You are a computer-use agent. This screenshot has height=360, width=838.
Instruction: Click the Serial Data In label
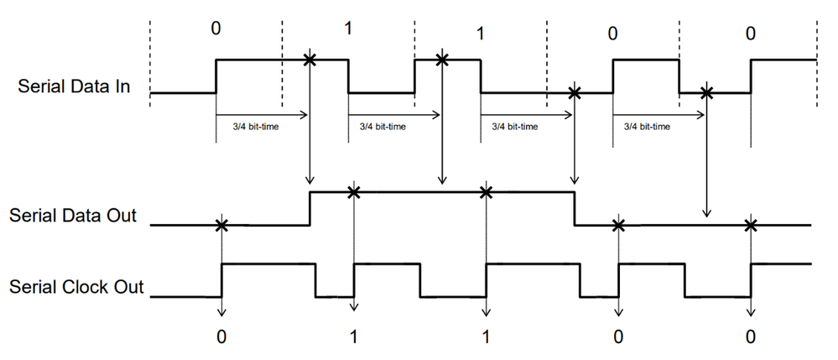[x=74, y=86]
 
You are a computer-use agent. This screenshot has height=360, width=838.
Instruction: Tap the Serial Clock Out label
[x=76, y=287]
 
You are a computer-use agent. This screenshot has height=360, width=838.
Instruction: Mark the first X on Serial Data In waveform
[x=310, y=60]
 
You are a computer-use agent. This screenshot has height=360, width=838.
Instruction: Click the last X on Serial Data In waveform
[x=707, y=92]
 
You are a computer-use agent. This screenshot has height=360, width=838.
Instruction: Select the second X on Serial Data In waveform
[x=442, y=60]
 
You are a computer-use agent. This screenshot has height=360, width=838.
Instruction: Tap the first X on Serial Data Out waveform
[x=221, y=225]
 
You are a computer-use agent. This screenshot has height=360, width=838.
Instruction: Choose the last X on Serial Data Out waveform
[x=751, y=225]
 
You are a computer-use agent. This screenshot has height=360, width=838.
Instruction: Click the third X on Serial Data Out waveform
[x=486, y=192]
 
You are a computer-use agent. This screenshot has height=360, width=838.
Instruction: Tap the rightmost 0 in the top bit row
[x=750, y=34]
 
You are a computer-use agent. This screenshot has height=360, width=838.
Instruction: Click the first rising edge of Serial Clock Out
[x=221, y=280]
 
